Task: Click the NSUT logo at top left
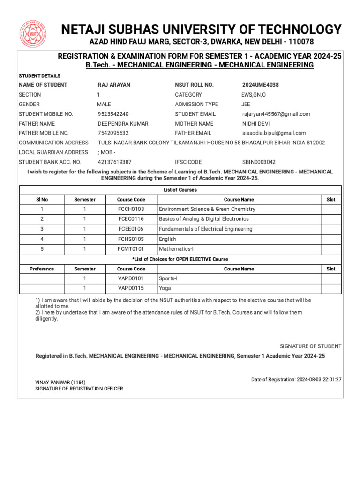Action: pyautogui.click(x=32, y=34)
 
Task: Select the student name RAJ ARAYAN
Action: pyautogui.click(x=114, y=85)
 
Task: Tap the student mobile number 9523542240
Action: pyautogui.click(x=113, y=114)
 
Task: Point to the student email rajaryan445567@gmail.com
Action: pyautogui.click(x=276, y=114)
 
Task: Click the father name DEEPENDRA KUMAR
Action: pyautogui.click(x=123, y=124)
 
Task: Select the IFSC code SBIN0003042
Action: pyautogui.click(x=259, y=162)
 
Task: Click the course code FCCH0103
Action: pyautogui.click(x=131, y=209)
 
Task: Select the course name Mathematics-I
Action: pyautogui.click(x=173, y=249)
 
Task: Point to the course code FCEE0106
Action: pyautogui.click(x=131, y=229)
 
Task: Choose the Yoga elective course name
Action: pyautogui.click(x=165, y=288)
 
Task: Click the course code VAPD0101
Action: pyautogui.click(x=131, y=278)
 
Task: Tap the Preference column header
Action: pyautogui.click(x=42, y=269)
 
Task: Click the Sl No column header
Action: pyautogui.click(x=42, y=200)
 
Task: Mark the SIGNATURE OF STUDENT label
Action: pyautogui.click(x=310, y=346)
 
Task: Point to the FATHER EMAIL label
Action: pyautogui.click(x=193, y=133)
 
